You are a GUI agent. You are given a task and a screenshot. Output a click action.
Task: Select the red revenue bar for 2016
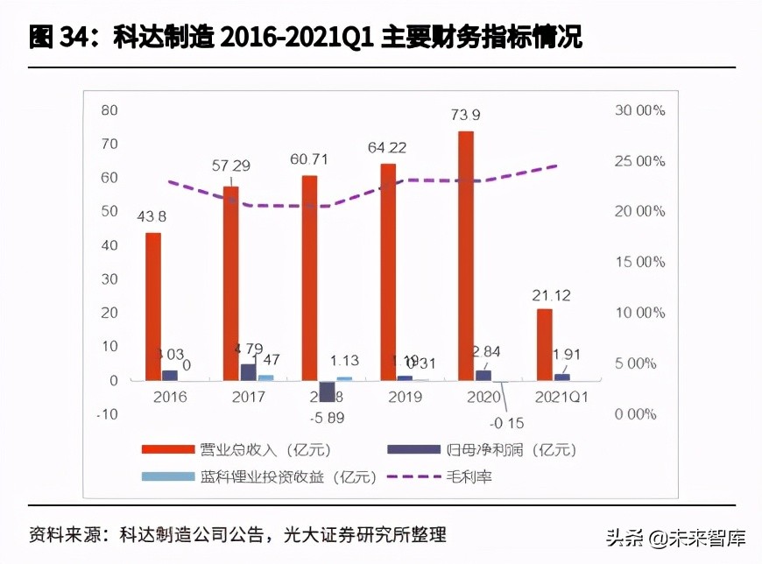tap(153, 306)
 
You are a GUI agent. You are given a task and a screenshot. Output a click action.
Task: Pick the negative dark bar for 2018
tap(327, 391)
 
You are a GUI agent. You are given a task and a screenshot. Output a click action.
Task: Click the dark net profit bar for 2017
tap(248, 371)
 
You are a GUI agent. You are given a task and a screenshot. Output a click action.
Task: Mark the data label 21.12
tap(552, 295)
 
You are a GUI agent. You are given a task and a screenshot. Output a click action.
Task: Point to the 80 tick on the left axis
tap(109, 110)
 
